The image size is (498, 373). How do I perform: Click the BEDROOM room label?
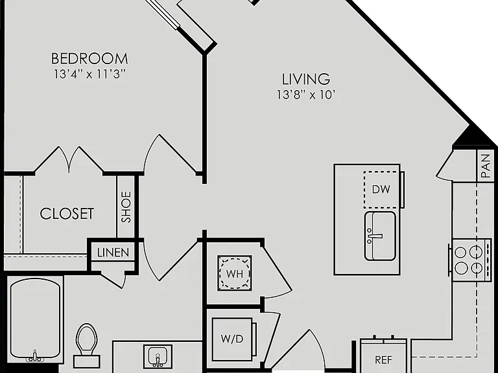89,59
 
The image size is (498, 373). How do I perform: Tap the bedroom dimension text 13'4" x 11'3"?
90,74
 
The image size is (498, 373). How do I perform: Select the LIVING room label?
306,79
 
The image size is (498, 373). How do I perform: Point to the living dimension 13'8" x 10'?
306,95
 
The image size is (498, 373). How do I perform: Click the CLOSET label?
67,214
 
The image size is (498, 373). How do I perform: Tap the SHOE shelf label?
126,207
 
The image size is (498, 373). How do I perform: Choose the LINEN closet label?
113,253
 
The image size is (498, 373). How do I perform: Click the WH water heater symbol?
235,273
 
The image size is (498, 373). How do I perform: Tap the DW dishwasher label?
381,189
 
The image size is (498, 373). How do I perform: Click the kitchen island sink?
380,236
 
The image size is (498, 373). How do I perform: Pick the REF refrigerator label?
383,360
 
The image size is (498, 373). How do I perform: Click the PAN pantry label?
486,166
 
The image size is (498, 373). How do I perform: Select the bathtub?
35,320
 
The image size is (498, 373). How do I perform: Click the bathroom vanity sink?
158,356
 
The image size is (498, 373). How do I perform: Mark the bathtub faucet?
35,357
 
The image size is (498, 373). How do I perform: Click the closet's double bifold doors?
69,159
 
